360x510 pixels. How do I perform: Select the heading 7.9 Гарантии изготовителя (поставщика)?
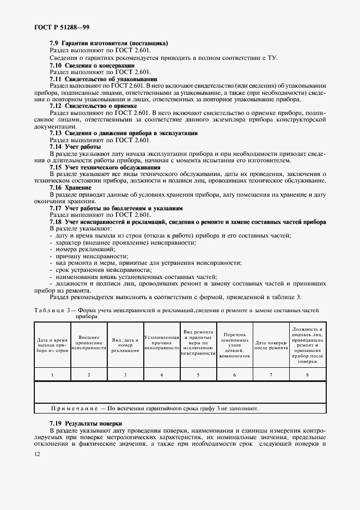pos(109,42)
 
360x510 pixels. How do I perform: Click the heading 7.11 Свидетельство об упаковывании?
pos(103,79)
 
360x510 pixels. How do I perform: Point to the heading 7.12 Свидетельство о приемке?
pos(93,106)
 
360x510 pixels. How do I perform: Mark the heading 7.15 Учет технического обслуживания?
pos(105,168)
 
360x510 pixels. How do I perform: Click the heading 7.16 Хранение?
pos(70,188)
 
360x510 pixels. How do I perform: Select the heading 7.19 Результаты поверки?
pos(86,423)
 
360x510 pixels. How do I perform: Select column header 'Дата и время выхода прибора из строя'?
pos(52,345)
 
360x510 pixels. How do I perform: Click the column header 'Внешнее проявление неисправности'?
pos(89,343)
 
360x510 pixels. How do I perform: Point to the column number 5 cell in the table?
pos(198,374)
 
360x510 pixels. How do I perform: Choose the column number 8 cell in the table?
pos(308,374)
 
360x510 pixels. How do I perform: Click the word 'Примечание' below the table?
pos(75,408)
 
